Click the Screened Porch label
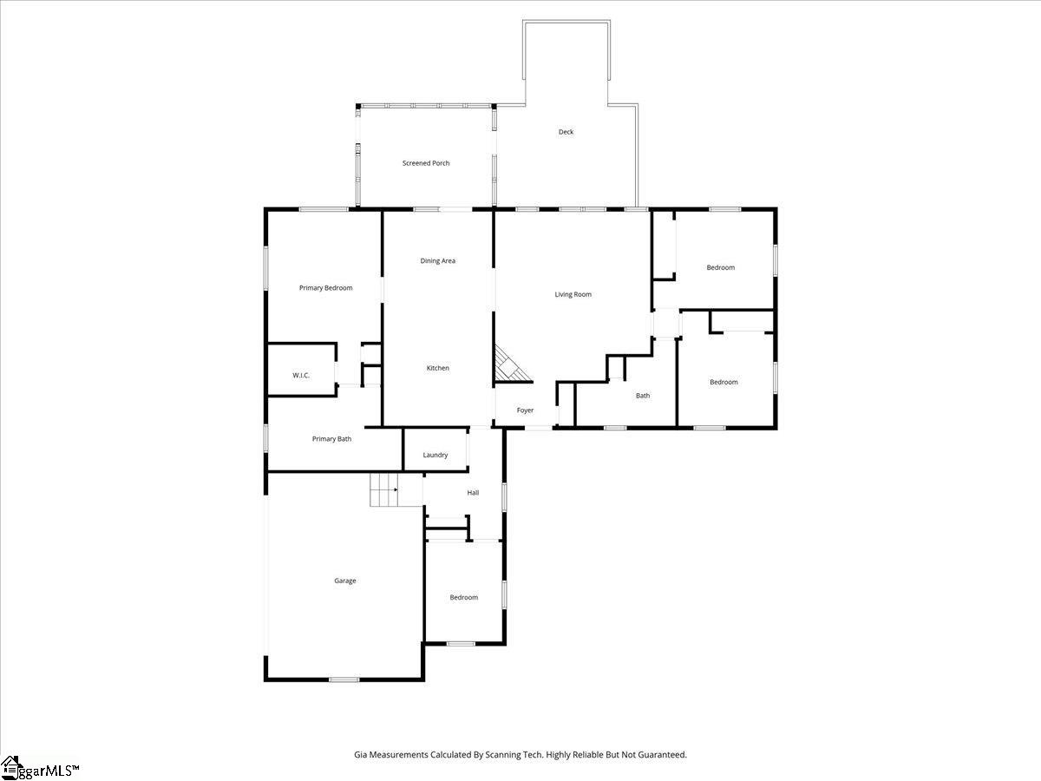tap(426, 163)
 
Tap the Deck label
tap(566, 132)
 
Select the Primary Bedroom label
tap(325, 288)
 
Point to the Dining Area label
tap(437, 261)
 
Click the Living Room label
tap(573, 295)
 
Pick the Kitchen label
tap(437, 369)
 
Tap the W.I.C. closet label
tap(301, 375)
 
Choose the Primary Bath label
tap(331, 439)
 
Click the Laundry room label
tap(435, 455)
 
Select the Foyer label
tap(525, 410)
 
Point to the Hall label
tap(473, 493)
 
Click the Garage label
tap(345, 581)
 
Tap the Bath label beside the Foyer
tap(642, 396)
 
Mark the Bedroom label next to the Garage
tap(463, 597)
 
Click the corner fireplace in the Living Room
tap(510, 364)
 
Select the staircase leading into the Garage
tap(383, 490)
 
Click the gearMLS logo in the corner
tap(40, 768)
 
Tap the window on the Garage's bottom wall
tap(344, 679)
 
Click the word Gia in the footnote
tap(361, 755)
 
